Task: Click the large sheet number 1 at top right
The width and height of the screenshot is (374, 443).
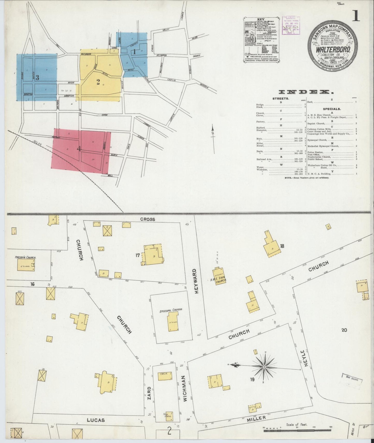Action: (x=356, y=16)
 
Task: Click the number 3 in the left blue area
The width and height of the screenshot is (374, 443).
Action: (x=37, y=77)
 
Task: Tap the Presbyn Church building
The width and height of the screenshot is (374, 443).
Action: (x=26, y=265)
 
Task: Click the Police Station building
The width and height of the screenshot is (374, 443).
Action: (x=169, y=416)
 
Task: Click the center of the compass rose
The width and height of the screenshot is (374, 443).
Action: (x=264, y=367)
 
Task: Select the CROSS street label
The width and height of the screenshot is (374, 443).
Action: (x=148, y=219)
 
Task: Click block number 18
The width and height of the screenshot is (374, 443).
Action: (x=282, y=246)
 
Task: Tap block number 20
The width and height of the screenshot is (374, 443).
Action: (x=344, y=330)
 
